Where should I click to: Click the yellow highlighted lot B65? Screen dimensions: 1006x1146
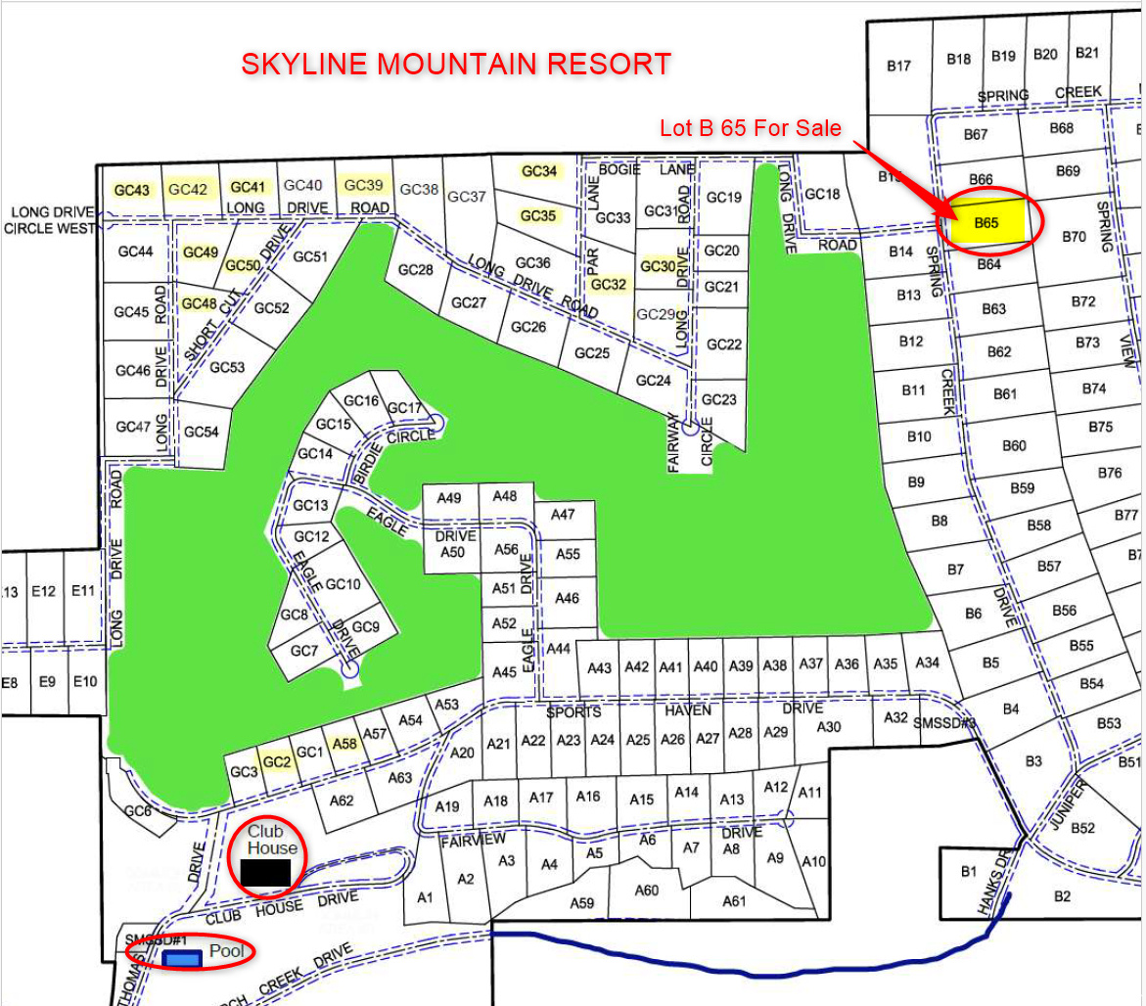[986, 223]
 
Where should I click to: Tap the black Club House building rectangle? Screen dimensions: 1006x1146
[265, 871]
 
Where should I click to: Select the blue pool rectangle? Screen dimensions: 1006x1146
[182, 959]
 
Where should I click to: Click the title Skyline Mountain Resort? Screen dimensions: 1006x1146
[456, 65]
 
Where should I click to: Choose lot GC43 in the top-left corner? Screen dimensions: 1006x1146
[132, 189]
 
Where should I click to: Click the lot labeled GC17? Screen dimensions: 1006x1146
[404, 408]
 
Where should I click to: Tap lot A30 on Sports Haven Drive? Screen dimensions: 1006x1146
[828, 726]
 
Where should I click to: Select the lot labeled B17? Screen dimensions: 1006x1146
[898, 67]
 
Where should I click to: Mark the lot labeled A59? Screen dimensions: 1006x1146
[582, 902]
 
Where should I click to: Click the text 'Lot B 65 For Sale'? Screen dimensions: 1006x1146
[750, 128]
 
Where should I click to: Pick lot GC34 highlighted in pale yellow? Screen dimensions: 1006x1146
[539, 171]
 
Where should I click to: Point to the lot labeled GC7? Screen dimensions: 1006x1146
[304, 651]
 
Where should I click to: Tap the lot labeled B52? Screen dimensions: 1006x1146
[1082, 828]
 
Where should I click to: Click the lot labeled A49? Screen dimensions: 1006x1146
[449, 498]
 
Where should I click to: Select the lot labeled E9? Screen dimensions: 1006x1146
[47, 681]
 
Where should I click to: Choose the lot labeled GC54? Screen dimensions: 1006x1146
[202, 432]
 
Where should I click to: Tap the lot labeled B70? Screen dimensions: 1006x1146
[1074, 237]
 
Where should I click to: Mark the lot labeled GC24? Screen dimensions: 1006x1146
[653, 381]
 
